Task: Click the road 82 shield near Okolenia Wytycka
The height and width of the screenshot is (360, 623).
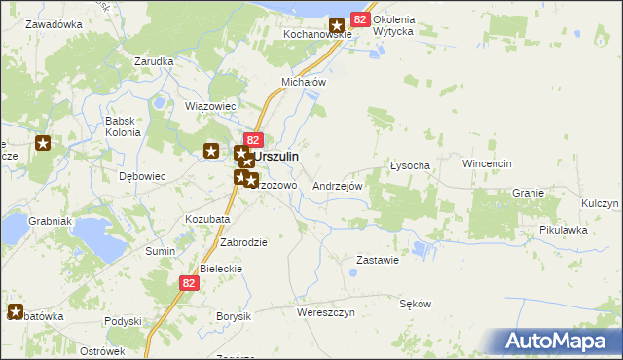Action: point(360,19)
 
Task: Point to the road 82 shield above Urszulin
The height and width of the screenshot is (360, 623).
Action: point(253,140)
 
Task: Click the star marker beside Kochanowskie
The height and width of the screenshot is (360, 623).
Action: point(338,27)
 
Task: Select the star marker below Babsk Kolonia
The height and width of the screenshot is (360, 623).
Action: point(211,150)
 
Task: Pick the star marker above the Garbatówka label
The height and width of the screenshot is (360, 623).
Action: point(16,311)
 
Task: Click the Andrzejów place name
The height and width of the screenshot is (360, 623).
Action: point(338,185)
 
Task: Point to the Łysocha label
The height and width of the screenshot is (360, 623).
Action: point(410,165)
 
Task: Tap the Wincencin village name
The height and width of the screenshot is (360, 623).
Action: point(487,164)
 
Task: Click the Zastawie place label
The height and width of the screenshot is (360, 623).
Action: point(378,260)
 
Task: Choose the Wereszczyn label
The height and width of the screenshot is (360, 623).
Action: point(326,312)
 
